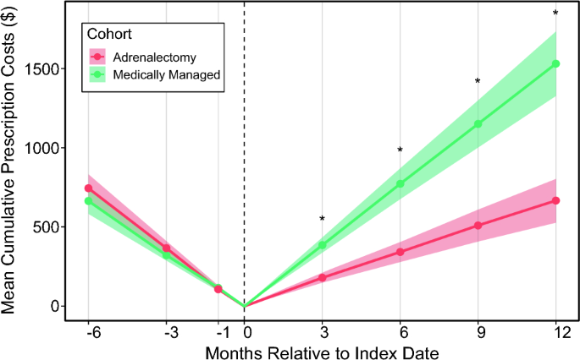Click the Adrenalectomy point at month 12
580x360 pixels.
coord(555,200)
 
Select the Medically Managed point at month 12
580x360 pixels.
coord(555,64)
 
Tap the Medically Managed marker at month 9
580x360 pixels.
coord(478,123)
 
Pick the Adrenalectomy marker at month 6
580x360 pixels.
coord(400,252)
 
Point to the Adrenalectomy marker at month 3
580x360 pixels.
coord(323,278)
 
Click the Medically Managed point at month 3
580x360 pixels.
coord(323,245)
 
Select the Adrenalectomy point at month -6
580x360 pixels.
coord(88,188)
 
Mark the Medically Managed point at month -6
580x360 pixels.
coord(88,201)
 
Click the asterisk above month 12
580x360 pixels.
coord(555,13)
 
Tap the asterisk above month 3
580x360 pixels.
coord(323,219)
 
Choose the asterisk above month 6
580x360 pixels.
coord(400,150)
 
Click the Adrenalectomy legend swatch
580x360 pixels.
coord(97,57)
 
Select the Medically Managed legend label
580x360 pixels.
coord(167,74)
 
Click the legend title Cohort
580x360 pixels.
coord(109,34)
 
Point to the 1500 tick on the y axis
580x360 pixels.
coord(41,68)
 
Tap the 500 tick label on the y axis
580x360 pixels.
coord(46,227)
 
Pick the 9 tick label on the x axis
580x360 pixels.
coord(480,334)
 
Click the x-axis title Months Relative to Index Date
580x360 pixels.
coord(323,352)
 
